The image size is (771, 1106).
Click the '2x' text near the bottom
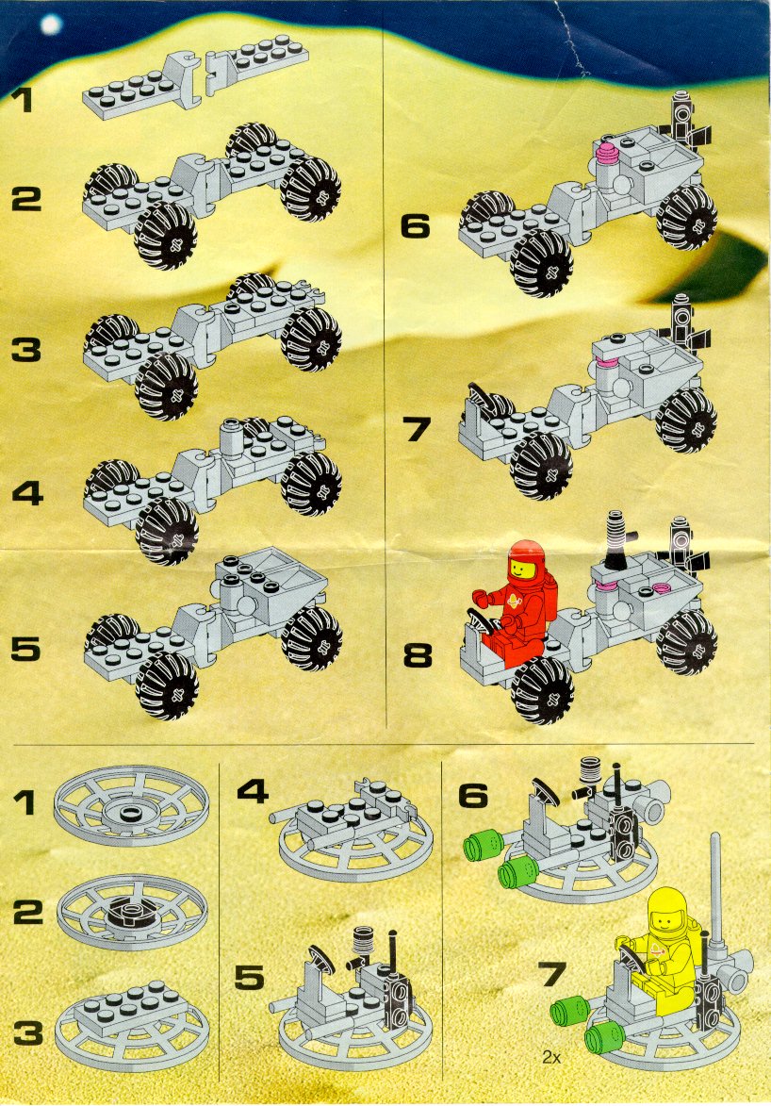pyautogui.click(x=550, y=1057)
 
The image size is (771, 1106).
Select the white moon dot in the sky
pyautogui.click(x=51, y=25)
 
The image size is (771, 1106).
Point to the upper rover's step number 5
pyautogui.click(x=26, y=649)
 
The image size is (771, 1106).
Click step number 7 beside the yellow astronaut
pyautogui.click(x=552, y=974)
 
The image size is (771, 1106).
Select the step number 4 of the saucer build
pyautogui.click(x=253, y=791)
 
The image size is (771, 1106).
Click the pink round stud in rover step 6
pyautogui.click(x=606, y=150)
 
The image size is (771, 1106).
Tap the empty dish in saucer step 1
pyautogui.click(x=132, y=806)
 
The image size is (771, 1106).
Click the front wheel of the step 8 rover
pyautogui.click(x=543, y=690)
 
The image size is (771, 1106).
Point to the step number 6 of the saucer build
pyautogui.click(x=473, y=796)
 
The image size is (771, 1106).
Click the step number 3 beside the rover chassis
pyautogui.click(x=26, y=349)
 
